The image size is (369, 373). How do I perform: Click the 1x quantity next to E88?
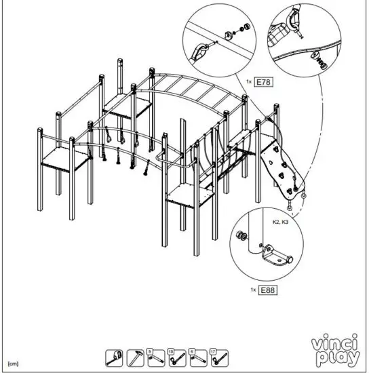253,290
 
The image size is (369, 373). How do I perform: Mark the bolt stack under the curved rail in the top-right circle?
318,63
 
